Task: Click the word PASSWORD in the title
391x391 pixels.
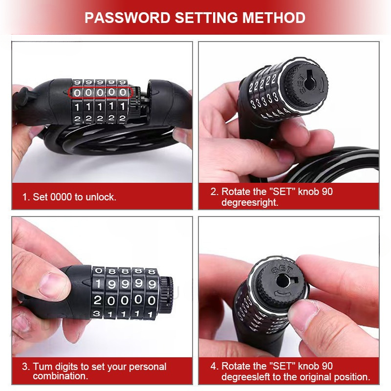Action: coord(127,18)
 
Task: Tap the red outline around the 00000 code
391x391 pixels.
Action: coord(101,87)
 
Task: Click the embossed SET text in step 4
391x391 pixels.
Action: coord(282,270)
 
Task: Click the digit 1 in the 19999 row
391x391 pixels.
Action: coord(98,284)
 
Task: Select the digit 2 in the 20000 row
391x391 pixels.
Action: coord(97,300)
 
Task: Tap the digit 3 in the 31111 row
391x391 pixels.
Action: coord(96,313)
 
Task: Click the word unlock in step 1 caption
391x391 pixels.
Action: coord(101,197)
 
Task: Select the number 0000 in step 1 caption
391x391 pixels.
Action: coord(61,197)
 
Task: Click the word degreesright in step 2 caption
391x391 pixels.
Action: coord(250,202)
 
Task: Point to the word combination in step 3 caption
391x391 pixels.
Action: coord(60,376)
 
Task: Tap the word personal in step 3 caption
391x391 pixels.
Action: coord(148,367)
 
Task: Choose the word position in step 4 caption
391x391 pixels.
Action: coord(352,377)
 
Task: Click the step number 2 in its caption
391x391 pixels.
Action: coord(214,192)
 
